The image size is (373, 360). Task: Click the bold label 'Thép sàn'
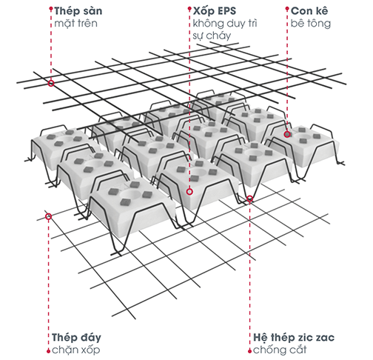pyautogui.click(x=78, y=11)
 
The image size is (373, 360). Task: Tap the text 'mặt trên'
pyautogui.click(x=75, y=24)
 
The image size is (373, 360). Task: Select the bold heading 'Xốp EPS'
pyautogui.click(x=215, y=11)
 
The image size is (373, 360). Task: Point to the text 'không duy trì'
pyautogui.click(x=225, y=24)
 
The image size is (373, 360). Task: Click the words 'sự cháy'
pyautogui.click(x=212, y=36)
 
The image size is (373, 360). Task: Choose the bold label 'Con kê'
pyautogui.click(x=309, y=11)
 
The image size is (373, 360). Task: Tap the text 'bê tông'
pyautogui.click(x=311, y=24)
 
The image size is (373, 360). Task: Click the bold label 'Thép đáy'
pyautogui.click(x=76, y=338)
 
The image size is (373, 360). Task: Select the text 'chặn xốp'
pyautogui.click(x=76, y=350)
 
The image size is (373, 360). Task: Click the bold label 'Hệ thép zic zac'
pyautogui.click(x=294, y=338)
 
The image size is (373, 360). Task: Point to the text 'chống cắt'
pyautogui.click(x=280, y=350)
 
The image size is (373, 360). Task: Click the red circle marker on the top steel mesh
pyautogui.click(x=51, y=83)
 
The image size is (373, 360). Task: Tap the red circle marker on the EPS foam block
pyautogui.click(x=189, y=192)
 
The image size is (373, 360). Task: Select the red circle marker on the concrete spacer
pyautogui.click(x=287, y=134)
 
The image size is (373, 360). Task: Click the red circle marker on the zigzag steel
pyautogui.click(x=249, y=199)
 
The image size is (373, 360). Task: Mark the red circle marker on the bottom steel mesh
pyautogui.click(x=48, y=216)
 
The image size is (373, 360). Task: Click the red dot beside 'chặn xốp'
pyautogui.click(x=48, y=351)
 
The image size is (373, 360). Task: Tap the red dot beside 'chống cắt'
pyautogui.click(x=249, y=351)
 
